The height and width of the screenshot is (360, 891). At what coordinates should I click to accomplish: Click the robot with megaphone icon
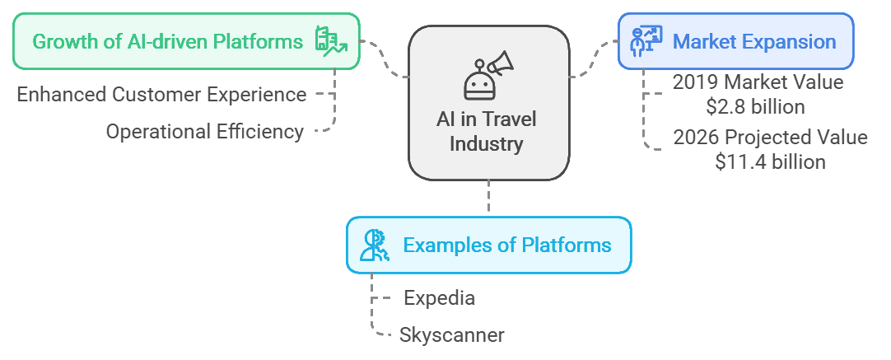click(488, 74)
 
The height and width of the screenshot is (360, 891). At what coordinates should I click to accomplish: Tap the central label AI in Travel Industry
click(488, 132)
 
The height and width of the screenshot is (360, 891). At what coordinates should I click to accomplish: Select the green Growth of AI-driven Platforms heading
click(168, 41)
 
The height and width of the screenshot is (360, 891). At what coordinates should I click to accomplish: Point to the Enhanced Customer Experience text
click(162, 94)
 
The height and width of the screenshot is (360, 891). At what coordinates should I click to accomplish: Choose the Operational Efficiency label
click(205, 132)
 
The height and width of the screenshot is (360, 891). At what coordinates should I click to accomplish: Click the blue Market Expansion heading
click(754, 41)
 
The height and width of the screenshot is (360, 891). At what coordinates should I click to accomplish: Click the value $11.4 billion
click(770, 161)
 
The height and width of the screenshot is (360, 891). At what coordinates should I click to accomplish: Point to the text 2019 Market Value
click(758, 82)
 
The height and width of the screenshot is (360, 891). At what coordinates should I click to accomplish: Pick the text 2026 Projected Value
click(770, 137)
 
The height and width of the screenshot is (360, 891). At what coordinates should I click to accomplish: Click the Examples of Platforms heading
click(506, 245)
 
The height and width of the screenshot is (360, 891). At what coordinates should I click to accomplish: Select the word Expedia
click(439, 297)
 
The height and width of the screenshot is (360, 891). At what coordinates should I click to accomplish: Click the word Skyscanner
click(451, 334)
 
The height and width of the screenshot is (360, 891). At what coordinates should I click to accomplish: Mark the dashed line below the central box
click(488, 198)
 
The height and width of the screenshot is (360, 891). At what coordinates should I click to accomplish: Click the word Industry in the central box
click(488, 144)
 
